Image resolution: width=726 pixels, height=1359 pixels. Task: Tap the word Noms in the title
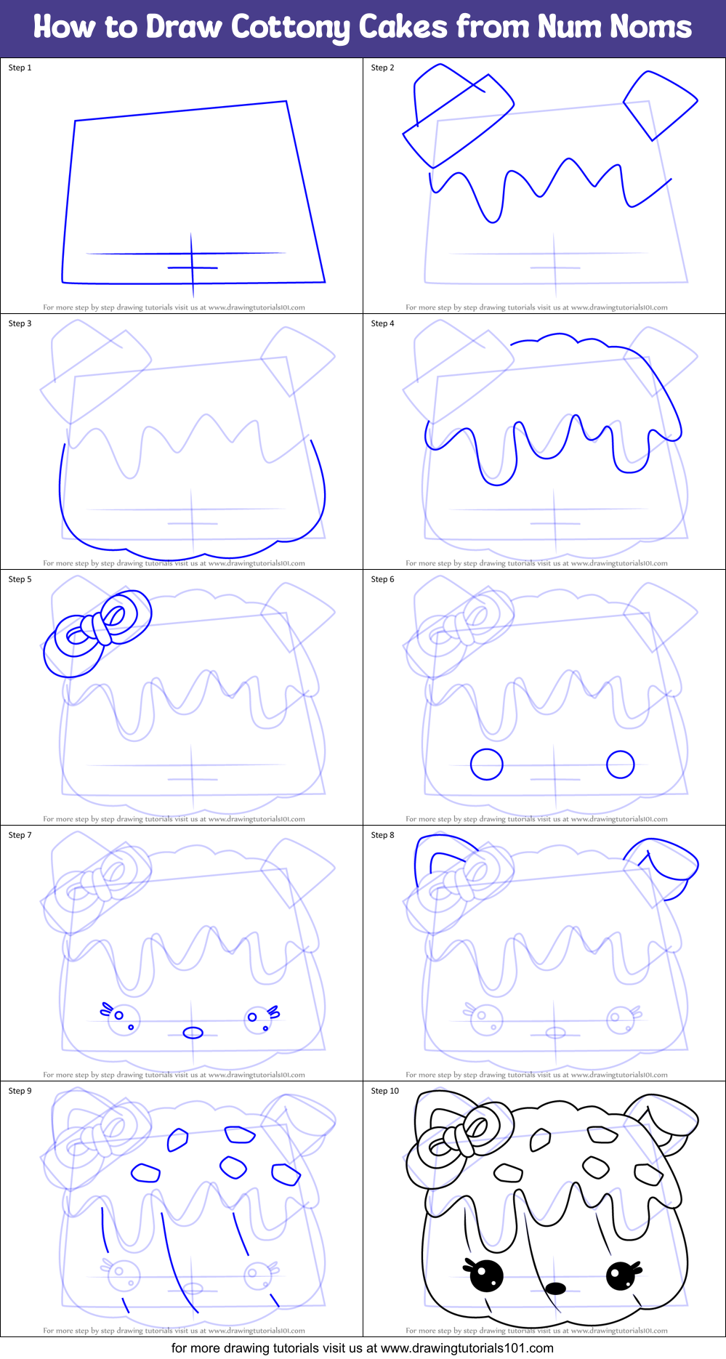(x=650, y=27)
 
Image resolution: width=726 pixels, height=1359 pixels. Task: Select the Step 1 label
(x=20, y=68)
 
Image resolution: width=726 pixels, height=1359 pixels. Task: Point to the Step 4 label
(x=382, y=323)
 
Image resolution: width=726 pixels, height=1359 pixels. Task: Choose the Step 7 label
(x=20, y=835)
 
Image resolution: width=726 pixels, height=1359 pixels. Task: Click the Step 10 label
(x=385, y=1091)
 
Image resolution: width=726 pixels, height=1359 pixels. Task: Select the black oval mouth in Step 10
(x=555, y=1289)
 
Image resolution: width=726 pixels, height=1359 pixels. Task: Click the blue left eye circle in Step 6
(x=487, y=765)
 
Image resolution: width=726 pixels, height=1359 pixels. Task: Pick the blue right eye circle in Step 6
(x=620, y=765)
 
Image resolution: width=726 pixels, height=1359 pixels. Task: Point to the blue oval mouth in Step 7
(x=193, y=1033)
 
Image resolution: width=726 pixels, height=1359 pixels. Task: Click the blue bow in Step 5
(x=97, y=629)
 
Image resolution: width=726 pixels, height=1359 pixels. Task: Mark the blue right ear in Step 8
(x=665, y=865)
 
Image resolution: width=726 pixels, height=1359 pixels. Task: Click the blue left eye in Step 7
(x=120, y=1017)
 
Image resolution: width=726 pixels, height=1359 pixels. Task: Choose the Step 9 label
(x=20, y=1091)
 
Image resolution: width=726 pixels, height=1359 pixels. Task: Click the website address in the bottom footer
(x=467, y=1348)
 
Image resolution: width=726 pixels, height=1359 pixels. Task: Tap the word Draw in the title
(x=184, y=27)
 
